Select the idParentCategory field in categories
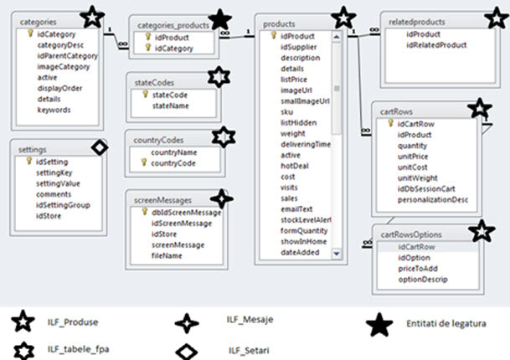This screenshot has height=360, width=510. [67, 55]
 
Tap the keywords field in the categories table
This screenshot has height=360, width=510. [54, 110]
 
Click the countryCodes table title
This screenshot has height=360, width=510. [156, 140]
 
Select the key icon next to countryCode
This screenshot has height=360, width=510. [144, 163]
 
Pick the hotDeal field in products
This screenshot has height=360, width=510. [295, 166]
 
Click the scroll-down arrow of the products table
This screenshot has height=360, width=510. [336, 253]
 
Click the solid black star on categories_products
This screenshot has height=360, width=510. [220, 18]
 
